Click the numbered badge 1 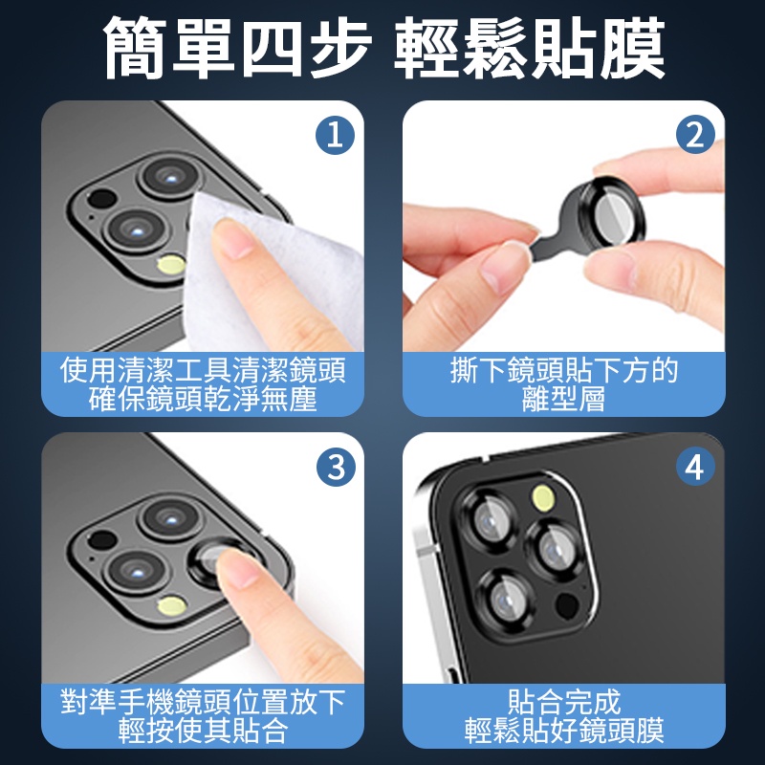click(x=336, y=135)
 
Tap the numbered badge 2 click(x=695, y=135)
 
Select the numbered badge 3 click(x=337, y=467)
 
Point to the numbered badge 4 click(x=695, y=467)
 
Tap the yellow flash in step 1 click(x=171, y=265)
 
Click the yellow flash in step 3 click(x=172, y=605)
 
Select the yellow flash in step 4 click(x=543, y=497)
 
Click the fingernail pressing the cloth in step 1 click(x=234, y=239)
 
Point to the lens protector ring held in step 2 click(x=616, y=212)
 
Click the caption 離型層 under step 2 click(x=564, y=399)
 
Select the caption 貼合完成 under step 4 click(x=564, y=702)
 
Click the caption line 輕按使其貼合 click(x=203, y=730)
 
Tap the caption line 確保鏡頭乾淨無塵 click(x=203, y=399)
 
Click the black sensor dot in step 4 click(x=567, y=605)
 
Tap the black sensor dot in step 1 click(x=101, y=199)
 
